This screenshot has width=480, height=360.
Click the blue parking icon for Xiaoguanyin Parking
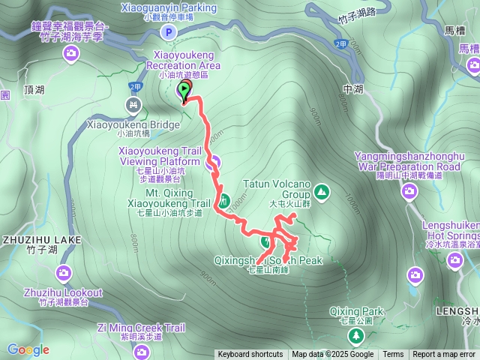(169, 31)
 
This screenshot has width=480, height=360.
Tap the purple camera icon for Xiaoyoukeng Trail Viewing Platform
(213, 160)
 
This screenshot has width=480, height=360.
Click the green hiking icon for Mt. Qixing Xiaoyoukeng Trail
(224, 200)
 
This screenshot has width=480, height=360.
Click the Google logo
(28, 349)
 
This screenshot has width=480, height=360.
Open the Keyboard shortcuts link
(250, 355)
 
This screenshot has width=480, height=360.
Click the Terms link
(393, 355)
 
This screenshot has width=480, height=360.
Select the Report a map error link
(444, 355)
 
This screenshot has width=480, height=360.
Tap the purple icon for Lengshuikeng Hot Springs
(454, 260)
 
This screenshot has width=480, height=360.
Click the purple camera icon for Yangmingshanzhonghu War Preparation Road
(410, 190)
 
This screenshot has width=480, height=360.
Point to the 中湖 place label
(352, 89)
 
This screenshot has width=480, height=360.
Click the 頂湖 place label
(34, 88)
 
